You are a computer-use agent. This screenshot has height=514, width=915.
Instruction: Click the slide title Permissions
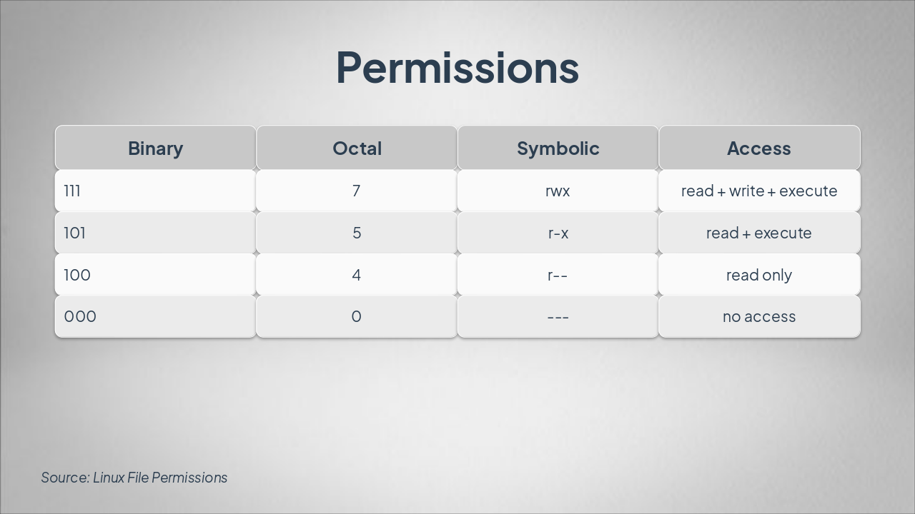(457, 68)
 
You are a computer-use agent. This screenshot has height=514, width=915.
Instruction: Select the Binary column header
(156, 148)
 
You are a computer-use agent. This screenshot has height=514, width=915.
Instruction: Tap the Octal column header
(357, 148)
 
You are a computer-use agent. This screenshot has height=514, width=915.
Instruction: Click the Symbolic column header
(558, 148)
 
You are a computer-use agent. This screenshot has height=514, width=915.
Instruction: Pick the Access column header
(759, 148)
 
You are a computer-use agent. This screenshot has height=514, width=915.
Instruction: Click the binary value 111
(72, 191)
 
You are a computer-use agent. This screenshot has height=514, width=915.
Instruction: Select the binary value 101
(75, 233)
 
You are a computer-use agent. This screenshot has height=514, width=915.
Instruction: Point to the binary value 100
(77, 275)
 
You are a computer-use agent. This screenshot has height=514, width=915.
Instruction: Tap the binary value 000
(80, 316)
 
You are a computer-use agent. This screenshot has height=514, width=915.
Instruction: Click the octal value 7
(356, 191)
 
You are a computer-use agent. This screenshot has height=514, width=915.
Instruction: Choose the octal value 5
(357, 233)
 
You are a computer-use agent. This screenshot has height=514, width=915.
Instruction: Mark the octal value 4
(356, 275)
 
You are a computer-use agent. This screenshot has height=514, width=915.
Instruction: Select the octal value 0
(356, 316)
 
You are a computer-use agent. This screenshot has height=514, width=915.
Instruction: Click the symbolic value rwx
(558, 191)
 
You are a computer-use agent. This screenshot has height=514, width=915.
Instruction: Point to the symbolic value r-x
(558, 233)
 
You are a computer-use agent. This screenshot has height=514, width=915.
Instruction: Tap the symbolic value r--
(558, 276)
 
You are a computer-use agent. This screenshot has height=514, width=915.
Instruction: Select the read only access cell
(759, 276)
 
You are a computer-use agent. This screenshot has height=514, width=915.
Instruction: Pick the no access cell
(759, 317)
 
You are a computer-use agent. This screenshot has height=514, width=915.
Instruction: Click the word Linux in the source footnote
(109, 478)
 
